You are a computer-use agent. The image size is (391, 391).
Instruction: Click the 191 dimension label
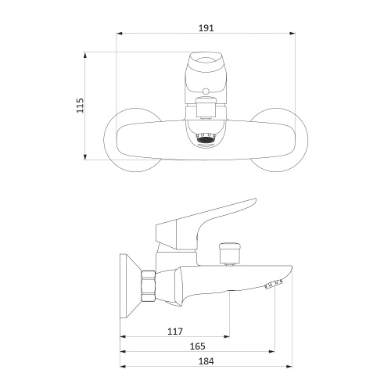206,28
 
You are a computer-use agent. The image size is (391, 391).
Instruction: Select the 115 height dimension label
80,106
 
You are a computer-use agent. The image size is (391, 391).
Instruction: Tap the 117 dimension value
175,332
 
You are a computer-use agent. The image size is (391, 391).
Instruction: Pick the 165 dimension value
198,346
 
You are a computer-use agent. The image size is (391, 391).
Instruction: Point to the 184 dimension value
206,361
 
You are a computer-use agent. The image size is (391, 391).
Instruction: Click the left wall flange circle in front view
104,140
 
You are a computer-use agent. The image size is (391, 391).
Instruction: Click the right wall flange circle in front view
307,140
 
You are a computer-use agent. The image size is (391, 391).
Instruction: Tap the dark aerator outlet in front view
206,140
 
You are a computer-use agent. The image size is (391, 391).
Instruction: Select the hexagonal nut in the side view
148,286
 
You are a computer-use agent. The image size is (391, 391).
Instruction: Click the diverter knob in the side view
229,253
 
